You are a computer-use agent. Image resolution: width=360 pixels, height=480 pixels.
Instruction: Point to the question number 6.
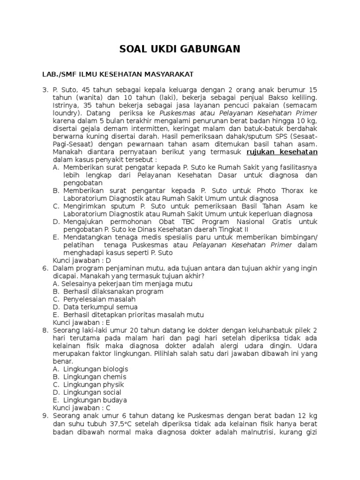(45, 268)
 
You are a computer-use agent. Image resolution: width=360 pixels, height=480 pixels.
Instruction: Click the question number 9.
(45, 415)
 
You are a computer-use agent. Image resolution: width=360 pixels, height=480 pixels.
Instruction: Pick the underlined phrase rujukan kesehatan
(282, 152)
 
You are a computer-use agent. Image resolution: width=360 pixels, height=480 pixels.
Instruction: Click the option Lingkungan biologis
(95, 369)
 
